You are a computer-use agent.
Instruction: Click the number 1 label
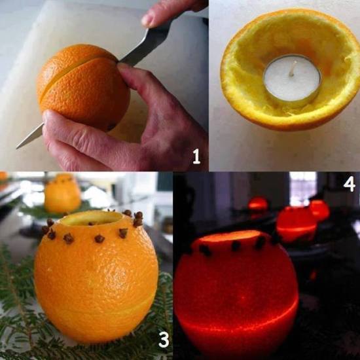pyautogui.click(x=196, y=156)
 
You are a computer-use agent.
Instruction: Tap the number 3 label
pyautogui.click(x=164, y=339)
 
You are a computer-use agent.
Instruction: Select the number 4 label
pyautogui.click(x=350, y=184)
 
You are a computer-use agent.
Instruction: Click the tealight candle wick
pyautogui.click(x=292, y=69)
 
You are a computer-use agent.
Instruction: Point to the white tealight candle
pyautogui.click(x=293, y=78)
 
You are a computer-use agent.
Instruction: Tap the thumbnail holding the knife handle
pyautogui.click(x=148, y=20)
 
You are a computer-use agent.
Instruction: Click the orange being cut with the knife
pyautogui.click(x=84, y=87)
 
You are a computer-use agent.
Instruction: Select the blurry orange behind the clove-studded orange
pyautogui.click(x=62, y=193)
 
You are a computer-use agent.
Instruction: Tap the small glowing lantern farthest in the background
pyautogui.click(x=258, y=204)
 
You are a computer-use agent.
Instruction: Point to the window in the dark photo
pyautogui.click(x=302, y=189)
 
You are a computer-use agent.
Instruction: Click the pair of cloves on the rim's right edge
pyautogui.click(x=138, y=219)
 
